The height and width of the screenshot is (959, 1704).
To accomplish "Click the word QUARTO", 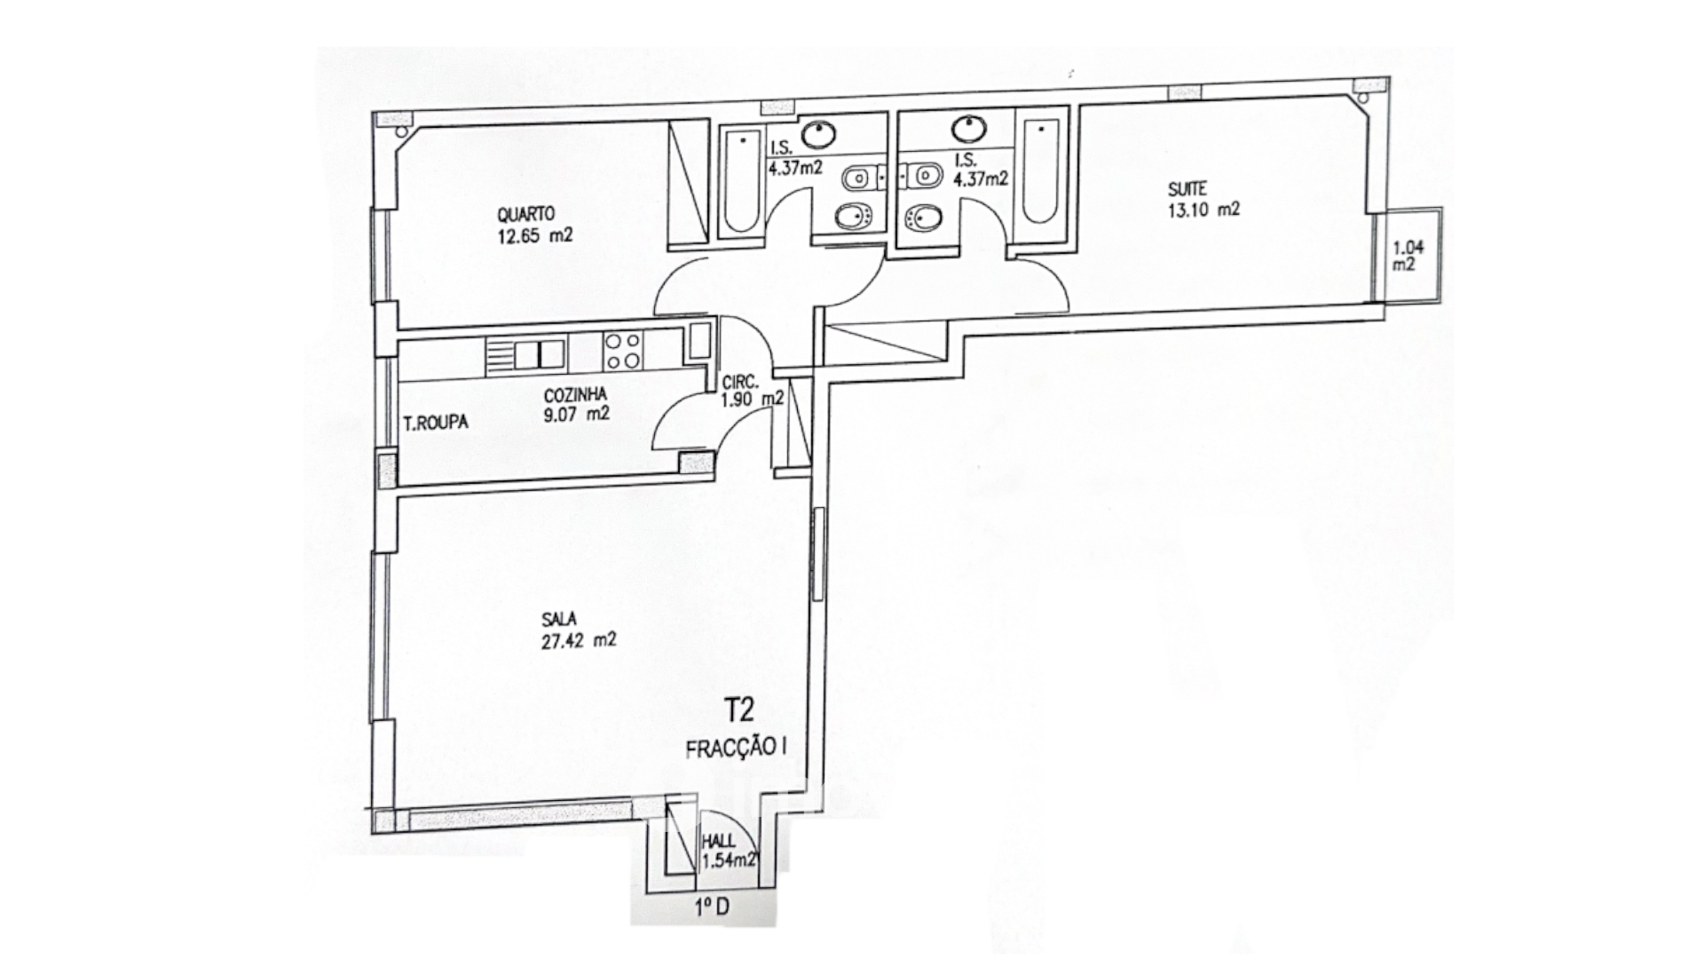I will click(525, 214).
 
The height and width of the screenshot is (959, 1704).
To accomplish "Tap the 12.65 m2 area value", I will click(534, 236).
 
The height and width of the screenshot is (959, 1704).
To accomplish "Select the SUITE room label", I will click(1187, 189).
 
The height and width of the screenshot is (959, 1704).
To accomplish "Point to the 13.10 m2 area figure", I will click(1203, 210).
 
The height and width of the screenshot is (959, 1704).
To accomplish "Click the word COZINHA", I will click(575, 394).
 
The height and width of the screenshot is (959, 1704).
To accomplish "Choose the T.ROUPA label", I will click(435, 424).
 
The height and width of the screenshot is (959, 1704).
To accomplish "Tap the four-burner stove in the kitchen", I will click(622, 351).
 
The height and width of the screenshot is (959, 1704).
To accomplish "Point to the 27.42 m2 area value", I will click(579, 640).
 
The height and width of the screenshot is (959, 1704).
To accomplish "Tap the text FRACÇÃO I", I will click(737, 749).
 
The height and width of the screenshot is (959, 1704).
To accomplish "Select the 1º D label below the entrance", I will click(712, 907).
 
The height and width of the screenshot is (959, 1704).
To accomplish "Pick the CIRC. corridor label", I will click(739, 383).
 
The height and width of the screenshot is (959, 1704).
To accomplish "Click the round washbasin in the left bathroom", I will click(817, 135).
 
